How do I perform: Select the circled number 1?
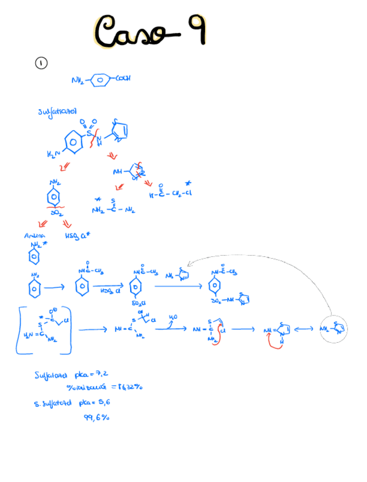click(41, 64)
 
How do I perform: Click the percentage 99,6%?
click(97, 418)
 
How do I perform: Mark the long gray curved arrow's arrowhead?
click(191, 263)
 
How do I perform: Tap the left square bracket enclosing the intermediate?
click(19, 330)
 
